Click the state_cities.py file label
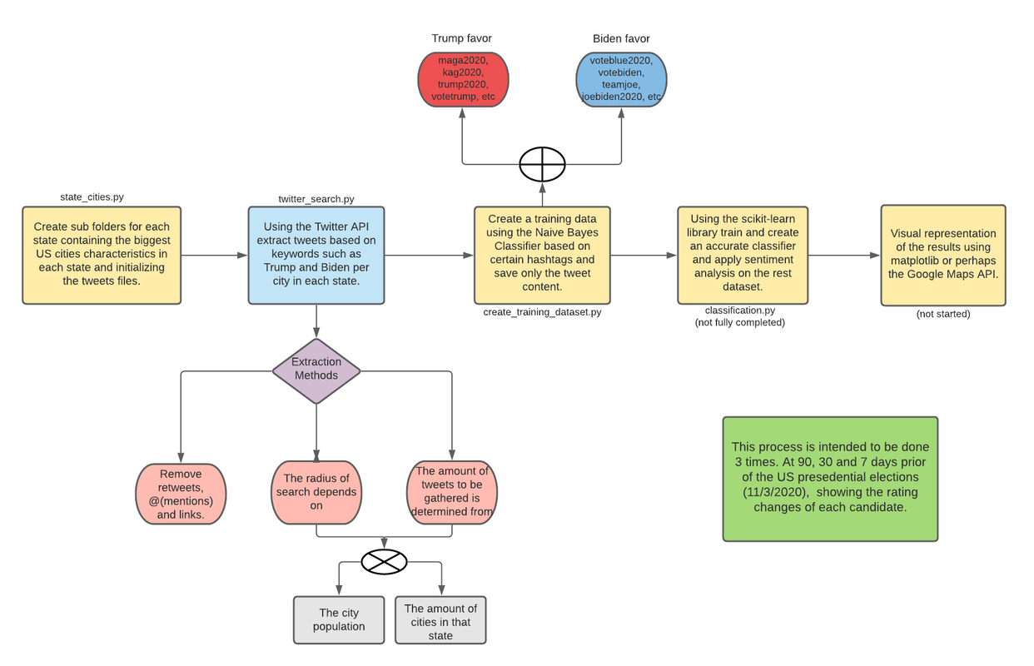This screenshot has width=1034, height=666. click(x=92, y=197)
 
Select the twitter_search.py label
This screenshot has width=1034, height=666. click(x=316, y=199)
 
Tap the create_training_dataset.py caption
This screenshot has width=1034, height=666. click(x=542, y=312)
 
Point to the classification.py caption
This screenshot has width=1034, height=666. click(x=739, y=311)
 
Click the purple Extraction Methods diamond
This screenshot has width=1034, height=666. click(x=316, y=371)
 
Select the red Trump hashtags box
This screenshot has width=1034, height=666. click(x=463, y=79)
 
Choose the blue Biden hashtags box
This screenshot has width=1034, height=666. click(x=621, y=79)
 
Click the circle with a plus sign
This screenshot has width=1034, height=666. click(x=542, y=164)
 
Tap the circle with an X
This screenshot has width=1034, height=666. click(x=384, y=562)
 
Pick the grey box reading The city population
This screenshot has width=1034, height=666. click(x=339, y=620)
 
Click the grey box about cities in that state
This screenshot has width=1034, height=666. click(x=440, y=620)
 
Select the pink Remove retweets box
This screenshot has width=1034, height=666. click(x=181, y=494)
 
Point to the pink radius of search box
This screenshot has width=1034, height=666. click(x=316, y=493)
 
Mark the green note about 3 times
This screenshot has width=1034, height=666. click(x=830, y=479)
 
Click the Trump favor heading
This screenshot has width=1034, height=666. click(x=461, y=38)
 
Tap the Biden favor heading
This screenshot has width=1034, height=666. click(x=621, y=39)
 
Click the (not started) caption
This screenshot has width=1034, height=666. click(x=943, y=314)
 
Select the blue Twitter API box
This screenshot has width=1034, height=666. click(x=316, y=256)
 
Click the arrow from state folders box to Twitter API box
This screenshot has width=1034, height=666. click(x=214, y=256)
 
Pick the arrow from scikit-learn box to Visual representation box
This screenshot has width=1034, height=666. click(x=844, y=256)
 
